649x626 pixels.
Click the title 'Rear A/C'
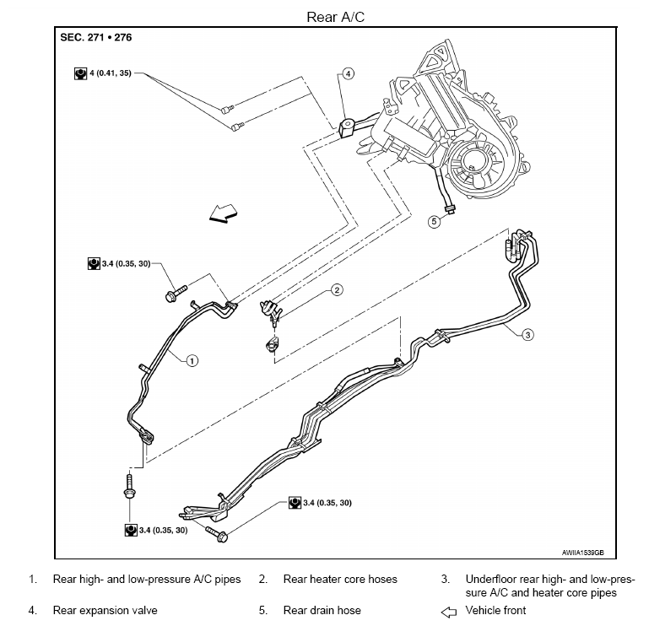(x=335, y=17)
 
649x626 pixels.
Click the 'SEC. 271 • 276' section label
(x=96, y=37)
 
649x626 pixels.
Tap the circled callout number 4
(x=348, y=73)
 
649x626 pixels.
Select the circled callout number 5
(x=434, y=221)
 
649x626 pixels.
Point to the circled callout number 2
(x=337, y=289)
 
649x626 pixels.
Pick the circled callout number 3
(x=527, y=334)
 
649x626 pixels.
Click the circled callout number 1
(x=192, y=361)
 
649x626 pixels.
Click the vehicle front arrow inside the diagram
(x=223, y=213)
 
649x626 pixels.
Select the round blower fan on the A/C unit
(x=473, y=167)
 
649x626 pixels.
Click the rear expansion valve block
(x=347, y=128)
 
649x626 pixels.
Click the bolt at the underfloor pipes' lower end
(x=216, y=534)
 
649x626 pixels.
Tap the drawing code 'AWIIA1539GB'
(x=582, y=553)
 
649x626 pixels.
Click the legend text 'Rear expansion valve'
(x=105, y=610)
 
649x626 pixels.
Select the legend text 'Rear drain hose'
(x=322, y=610)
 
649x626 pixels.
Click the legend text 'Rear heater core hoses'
(x=340, y=579)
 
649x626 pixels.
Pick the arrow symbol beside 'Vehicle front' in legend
(x=449, y=612)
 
